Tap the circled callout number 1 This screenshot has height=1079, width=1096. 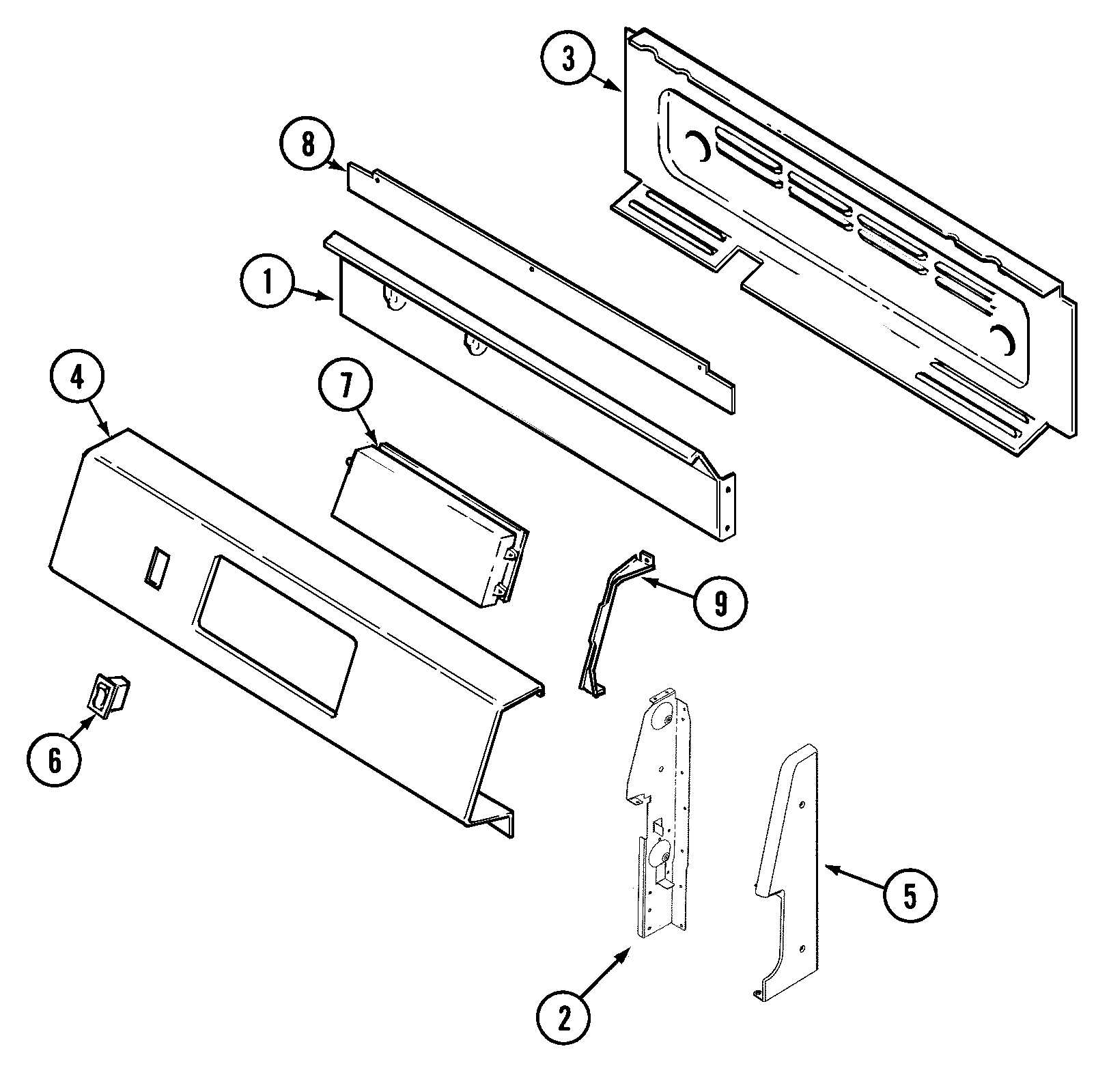point(267,283)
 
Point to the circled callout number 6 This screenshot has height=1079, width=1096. point(54,760)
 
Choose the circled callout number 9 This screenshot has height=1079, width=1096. point(721,602)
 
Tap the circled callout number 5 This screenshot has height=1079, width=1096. point(910,896)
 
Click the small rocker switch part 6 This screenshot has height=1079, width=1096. point(109,695)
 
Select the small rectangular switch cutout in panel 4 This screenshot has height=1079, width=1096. point(156,565)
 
